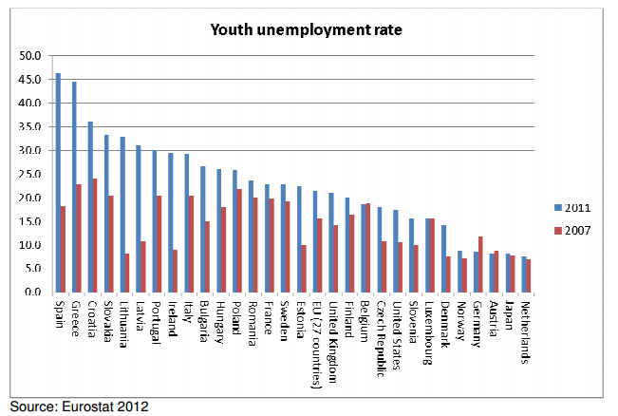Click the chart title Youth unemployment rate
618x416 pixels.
307,30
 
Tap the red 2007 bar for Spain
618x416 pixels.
63,249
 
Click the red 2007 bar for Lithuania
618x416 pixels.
127,273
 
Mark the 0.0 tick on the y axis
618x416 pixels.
33,293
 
